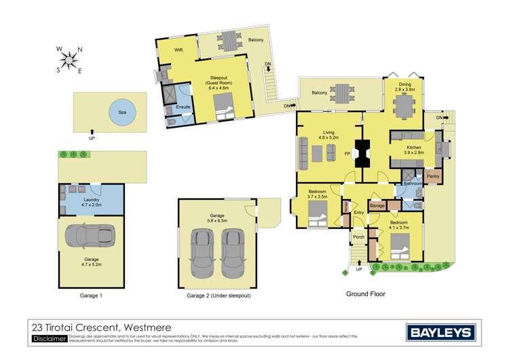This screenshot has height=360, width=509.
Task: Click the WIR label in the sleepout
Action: [179, 51]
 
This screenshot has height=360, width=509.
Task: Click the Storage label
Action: [377, 205]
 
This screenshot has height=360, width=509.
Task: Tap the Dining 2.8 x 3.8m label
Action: [404, 86]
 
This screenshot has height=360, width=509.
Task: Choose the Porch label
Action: [358, 237]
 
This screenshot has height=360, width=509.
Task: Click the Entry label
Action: [358, 213]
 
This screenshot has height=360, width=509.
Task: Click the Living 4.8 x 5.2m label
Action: [328, 135]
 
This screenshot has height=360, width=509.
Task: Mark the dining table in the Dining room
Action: [405, 105]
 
